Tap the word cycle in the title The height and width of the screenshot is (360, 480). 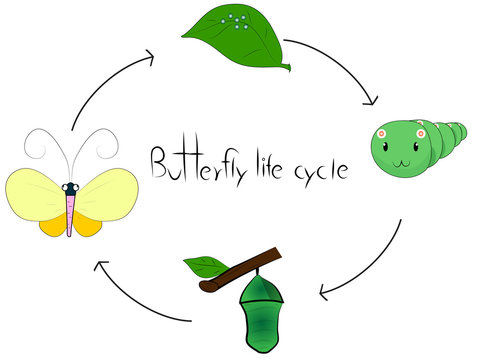click(318, 167)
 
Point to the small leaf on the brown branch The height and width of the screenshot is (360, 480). click(206, 266)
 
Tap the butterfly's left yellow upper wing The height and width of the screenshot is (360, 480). click(35, 193)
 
